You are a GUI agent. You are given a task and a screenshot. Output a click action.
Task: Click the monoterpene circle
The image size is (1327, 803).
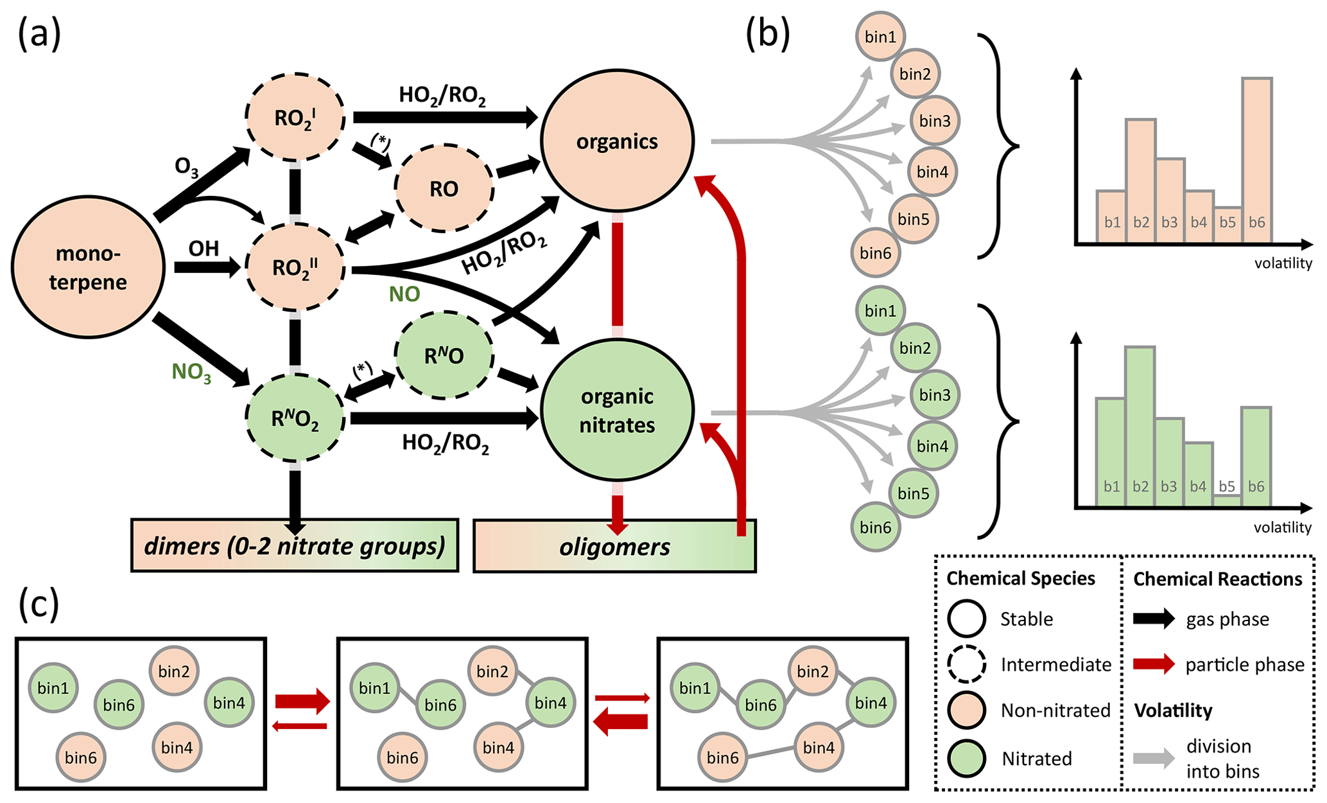[88, 267]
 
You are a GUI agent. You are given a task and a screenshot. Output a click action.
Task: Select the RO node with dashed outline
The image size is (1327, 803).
[444, 188]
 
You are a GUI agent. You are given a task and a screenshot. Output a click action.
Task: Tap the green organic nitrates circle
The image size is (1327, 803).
[617, 410]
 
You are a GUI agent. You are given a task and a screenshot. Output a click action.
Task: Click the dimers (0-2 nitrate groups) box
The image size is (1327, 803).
[295, 546]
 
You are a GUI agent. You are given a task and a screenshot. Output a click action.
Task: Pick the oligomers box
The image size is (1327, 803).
[614, 547]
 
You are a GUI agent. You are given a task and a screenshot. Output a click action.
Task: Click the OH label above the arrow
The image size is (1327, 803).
[204, 248]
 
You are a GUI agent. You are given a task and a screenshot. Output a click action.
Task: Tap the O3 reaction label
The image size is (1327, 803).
[186, 167]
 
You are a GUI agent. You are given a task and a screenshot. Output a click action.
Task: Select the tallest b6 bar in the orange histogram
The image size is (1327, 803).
[1256, 161]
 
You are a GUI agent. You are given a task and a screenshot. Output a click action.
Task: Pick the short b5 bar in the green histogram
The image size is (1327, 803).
[1227, 499]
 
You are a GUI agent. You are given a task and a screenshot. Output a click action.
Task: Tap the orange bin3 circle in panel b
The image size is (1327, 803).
[935, 121]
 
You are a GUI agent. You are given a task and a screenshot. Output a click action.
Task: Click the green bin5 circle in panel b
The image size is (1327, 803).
[914, 493]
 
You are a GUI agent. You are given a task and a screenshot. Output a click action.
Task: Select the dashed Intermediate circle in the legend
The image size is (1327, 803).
[967, 664]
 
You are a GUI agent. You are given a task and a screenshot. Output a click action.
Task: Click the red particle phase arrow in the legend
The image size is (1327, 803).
[1154, 664]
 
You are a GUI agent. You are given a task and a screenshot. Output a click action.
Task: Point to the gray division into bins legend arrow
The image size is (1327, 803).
[1154, 758]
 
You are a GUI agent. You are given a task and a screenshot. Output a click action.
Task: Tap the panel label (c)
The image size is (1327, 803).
[39, 604]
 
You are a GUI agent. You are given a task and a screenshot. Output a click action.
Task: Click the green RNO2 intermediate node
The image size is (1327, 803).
[295, 419]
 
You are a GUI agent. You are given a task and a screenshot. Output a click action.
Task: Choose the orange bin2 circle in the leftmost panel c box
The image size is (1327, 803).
[174, 671]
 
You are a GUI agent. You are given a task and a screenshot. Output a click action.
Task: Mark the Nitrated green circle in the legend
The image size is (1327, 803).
[967, 759]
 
